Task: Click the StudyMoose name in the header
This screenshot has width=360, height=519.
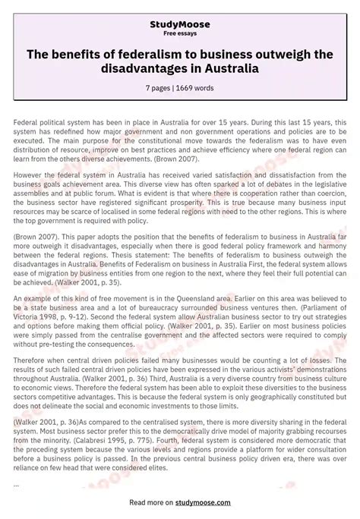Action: [x=180, y=24]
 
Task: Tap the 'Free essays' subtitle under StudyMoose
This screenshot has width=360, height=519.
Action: [x=180, y=33]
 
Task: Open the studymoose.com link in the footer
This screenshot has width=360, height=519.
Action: [x=211, y=501]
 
